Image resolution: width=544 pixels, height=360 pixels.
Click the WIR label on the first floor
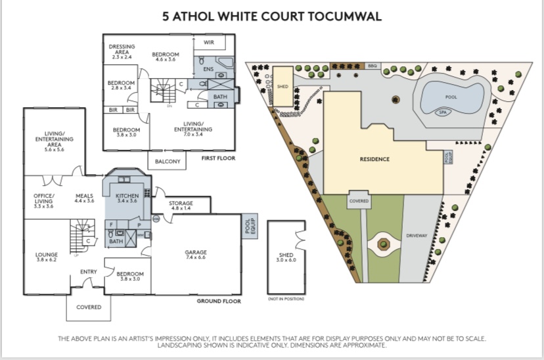point(209,42)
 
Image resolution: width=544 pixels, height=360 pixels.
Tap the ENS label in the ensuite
point(208,69)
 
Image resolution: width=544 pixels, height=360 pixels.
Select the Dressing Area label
point(122,52)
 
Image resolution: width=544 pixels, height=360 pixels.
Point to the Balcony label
point(168,161)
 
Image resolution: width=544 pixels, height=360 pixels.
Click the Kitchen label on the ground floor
point(127,198)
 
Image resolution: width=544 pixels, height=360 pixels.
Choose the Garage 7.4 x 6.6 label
point(196,255)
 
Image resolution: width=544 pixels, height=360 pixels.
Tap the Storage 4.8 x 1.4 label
point(181,206)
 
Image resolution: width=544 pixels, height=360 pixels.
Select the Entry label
point(89,271)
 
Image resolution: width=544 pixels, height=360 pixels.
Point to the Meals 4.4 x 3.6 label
point(84,198)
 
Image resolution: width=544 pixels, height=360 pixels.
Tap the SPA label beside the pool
point(443,112)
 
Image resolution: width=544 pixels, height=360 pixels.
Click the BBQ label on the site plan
point(373,66)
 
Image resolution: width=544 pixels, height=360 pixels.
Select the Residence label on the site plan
point(374,159)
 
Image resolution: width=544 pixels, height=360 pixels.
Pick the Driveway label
point(417,235)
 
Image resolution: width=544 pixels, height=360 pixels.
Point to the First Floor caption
point(219,158)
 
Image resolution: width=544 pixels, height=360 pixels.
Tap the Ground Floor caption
point(219,301)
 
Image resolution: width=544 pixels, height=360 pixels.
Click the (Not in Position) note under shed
point(286,299)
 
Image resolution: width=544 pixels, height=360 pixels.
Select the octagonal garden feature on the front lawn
point(383,244)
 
